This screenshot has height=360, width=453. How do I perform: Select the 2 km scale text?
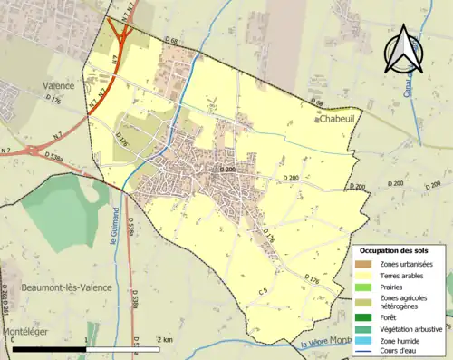163,339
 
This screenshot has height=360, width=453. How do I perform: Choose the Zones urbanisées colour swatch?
364,264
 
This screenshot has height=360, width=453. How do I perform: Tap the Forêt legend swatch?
364,317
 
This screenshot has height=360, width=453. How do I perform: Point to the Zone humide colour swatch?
364,339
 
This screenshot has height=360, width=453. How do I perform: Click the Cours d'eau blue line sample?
364,350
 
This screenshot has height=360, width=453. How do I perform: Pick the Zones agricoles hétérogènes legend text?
404,302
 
